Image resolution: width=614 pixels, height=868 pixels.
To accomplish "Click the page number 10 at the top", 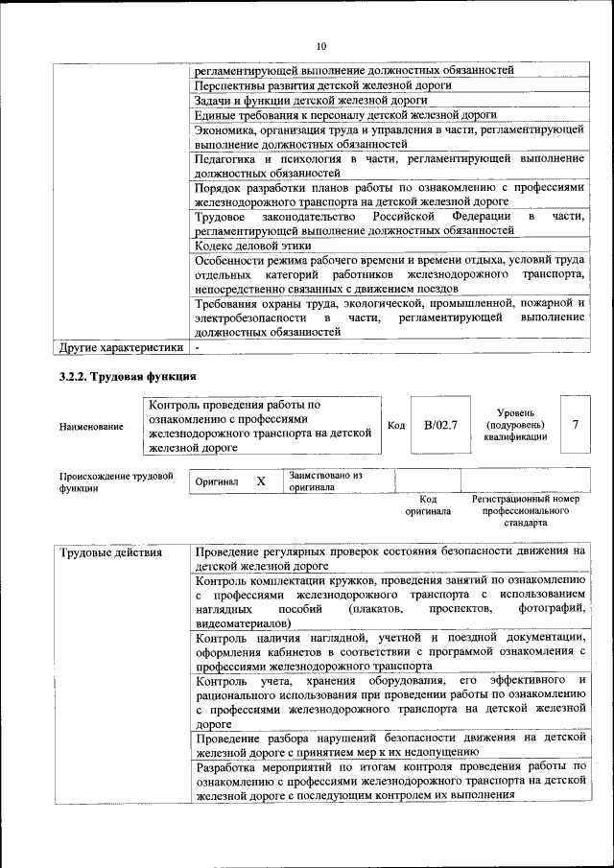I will [x=321, y=45].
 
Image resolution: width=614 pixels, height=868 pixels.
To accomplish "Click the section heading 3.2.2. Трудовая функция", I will [x=128, y=376].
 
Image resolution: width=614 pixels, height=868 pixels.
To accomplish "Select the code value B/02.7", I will [x=440, y=424].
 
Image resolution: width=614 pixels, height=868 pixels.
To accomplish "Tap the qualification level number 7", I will [x=575, y=424].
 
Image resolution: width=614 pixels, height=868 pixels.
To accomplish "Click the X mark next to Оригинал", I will [x=260, y=481].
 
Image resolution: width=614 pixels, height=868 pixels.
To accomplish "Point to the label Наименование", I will [x=91, y=425].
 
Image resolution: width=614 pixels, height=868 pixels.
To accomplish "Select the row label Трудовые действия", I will [x=109, y=552].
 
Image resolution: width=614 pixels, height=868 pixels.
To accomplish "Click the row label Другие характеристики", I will [x=121, y=346].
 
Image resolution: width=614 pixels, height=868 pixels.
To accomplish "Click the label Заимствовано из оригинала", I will [x=326, y=481].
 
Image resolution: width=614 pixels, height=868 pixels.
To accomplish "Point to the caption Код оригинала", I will [x=428, y=505].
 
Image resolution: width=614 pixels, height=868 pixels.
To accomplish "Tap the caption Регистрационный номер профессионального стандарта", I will [x=526, y=511].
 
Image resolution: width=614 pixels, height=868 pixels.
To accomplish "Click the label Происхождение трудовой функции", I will [x=115, y=481].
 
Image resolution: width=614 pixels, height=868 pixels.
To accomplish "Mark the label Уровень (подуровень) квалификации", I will [x=515, y=424].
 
